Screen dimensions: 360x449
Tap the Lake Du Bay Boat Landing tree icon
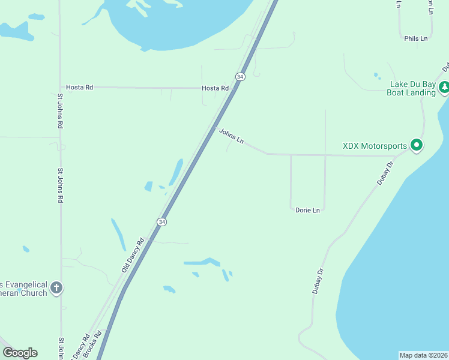[x=444, y=88]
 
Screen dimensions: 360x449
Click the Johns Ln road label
[x=231, y=136]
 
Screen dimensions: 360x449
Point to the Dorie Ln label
[x=308, y=210]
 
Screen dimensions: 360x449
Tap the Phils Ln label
[x=416, y=38]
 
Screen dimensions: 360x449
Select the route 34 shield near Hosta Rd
[x=240, y=77]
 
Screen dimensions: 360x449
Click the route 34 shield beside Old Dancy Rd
[x=161, y=222]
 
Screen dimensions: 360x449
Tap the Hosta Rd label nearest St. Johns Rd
[x=79, y=88]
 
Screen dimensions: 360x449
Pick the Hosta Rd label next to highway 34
[x=215, y=88]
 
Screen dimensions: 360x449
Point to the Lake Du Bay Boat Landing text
[x=412, y=88]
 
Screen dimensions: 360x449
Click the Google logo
[x=20, y=353]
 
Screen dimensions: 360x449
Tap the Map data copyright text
[x=423, y=355]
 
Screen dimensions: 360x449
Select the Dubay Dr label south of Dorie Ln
[x=318, y=280]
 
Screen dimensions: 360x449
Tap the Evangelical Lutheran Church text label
[x=24, y=289]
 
